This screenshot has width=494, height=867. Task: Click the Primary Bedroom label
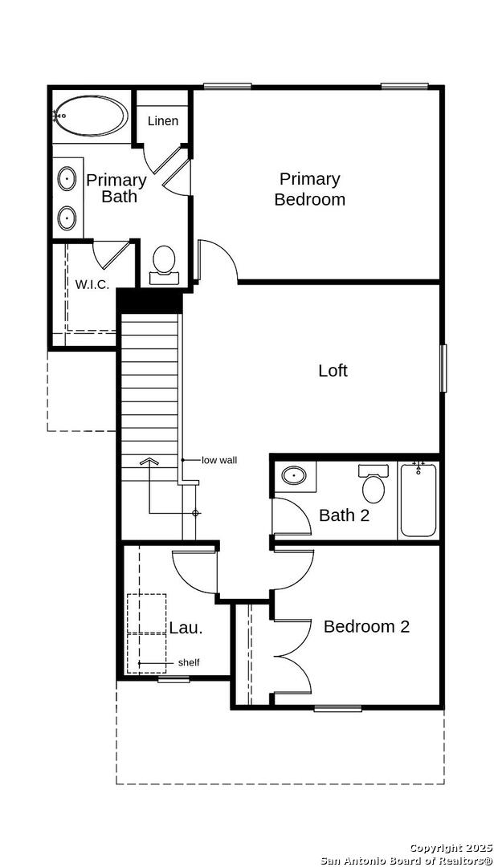tap(310, 189)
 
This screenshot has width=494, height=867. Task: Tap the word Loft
tap(333, 370)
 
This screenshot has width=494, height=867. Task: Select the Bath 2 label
tap(344, 515)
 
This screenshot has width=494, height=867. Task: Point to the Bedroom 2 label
tap(366, 626)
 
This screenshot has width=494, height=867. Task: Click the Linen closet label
tap(162, 120)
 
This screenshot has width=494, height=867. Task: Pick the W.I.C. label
tap(92, 285)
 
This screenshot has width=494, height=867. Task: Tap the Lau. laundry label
tap(186, 628)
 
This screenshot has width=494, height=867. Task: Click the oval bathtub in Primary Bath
tap(92, 116)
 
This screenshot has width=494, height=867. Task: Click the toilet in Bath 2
tap(374, 483)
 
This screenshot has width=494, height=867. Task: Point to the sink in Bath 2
tap(293, 475)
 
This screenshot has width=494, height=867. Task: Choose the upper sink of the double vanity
tap(67, 179)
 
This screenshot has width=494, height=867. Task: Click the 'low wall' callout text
tap(219, 459)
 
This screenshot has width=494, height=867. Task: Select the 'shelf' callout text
tap(189, 662)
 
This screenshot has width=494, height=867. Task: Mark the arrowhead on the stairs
tap(149, 462)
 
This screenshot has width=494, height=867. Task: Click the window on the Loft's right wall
tap(443, 368)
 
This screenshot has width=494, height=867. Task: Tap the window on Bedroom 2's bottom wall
tap(338, 708)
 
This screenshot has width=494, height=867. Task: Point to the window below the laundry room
tap(174, 680)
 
